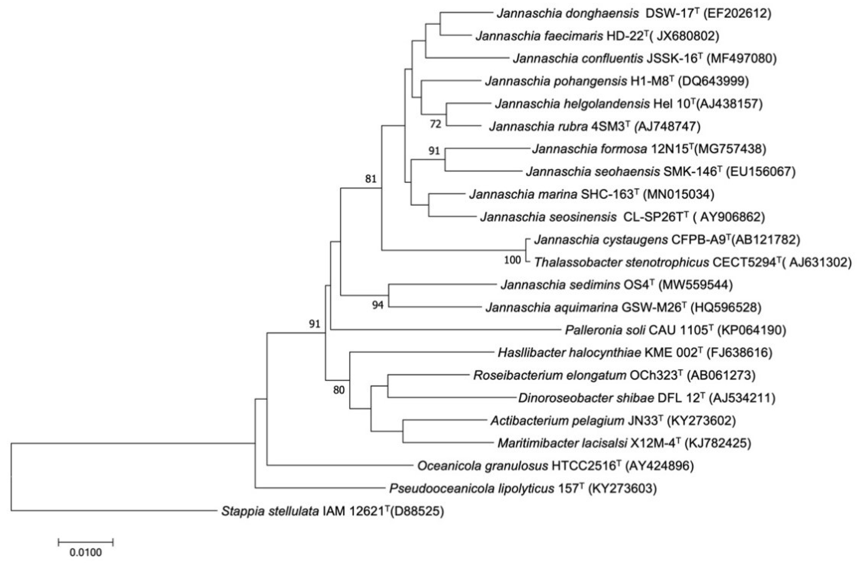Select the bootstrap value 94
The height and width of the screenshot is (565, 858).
(x=378, y=305)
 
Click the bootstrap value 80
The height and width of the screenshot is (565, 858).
(x=339, y=390)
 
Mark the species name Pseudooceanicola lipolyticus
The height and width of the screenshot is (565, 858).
(x=471, y=489)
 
